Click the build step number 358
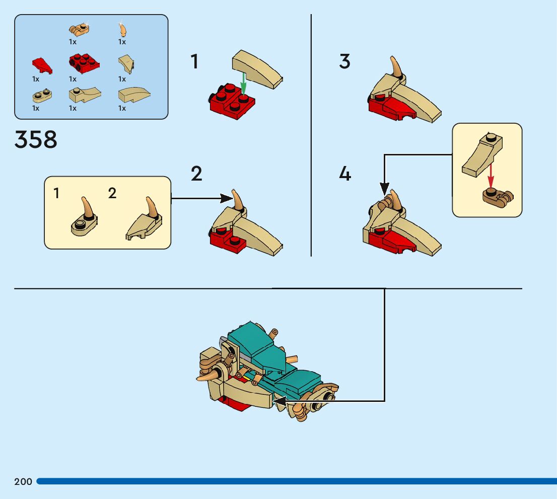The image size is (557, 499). pyautogui.click(x=36, y=139)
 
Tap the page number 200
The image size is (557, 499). pyautogui.click(x=23, y=482)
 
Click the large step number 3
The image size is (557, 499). pyautogui.click(x=344, y=61)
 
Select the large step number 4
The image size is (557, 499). pyautogui.click(x=345, y=174)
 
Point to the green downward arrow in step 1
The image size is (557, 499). pyautogui.click(x=243, y=84)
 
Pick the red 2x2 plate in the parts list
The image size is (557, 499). pyautogui.click(x=84, y=62)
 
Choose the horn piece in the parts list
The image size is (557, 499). pyautogui.click(x=122, y=28)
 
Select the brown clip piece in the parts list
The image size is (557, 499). pyautogui.click(x=79, y=29)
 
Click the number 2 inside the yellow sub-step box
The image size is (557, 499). pyautogui.click(x=112, y=193)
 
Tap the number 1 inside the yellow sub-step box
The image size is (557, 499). pyautogui.click(x=57, y=193)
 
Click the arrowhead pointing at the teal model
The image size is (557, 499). pyautogui.click(x=279, y=401)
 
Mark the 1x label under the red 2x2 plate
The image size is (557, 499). pyautogui.click(x=73, y=79)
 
